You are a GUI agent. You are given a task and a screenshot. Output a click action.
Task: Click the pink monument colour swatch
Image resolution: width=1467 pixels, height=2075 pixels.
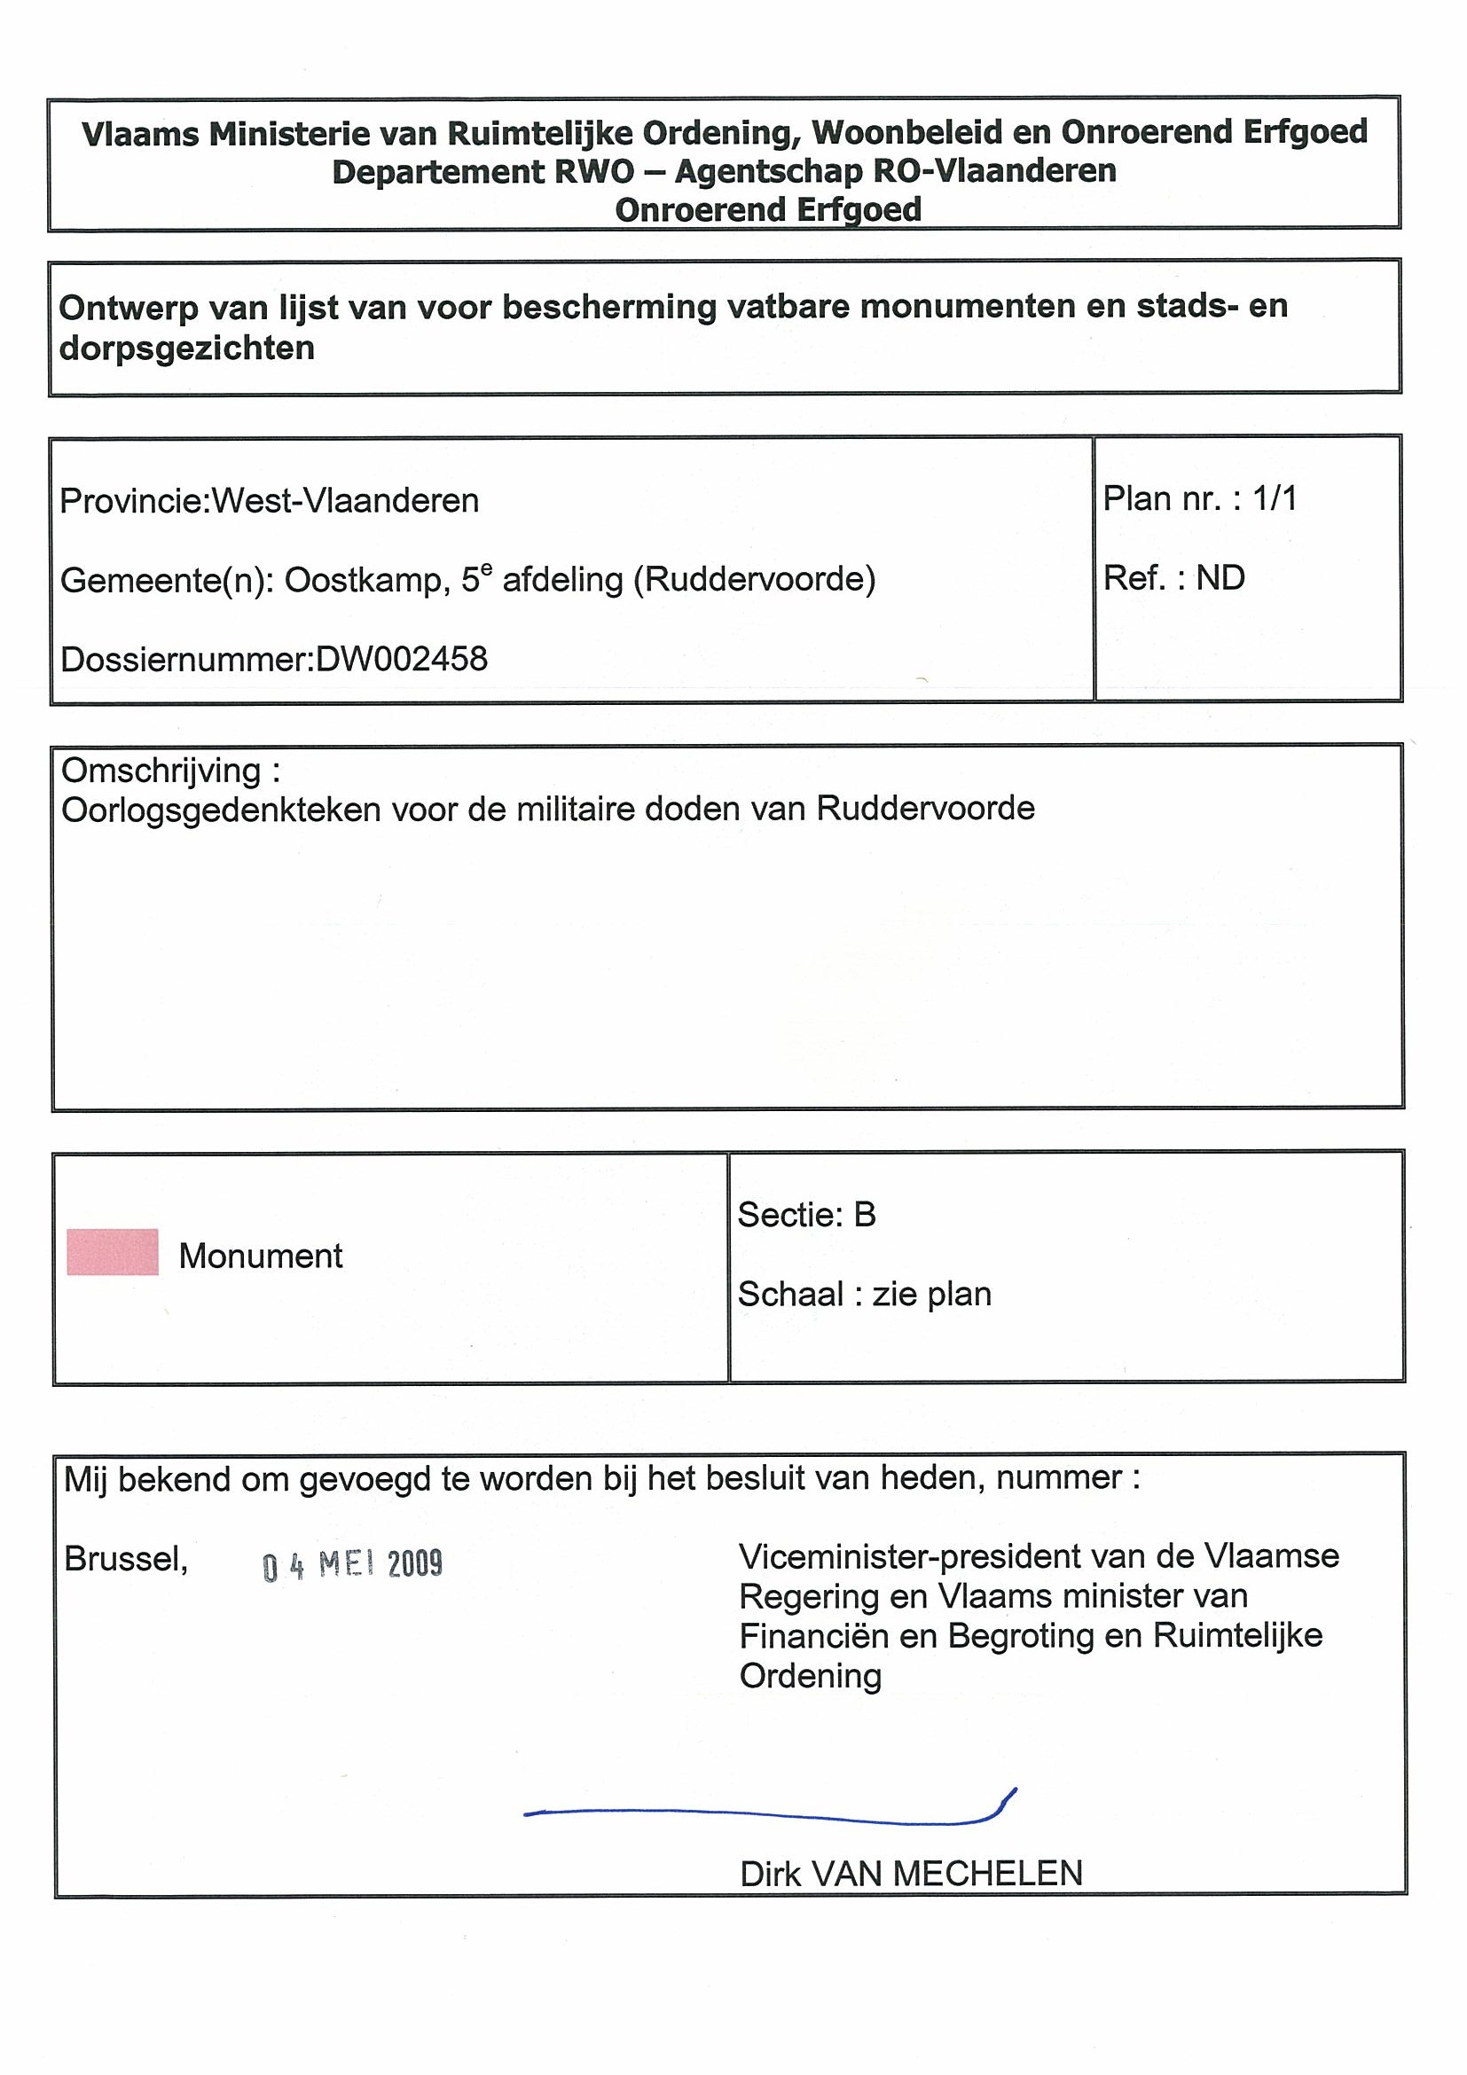pyautogui.click(x=112, y=1252)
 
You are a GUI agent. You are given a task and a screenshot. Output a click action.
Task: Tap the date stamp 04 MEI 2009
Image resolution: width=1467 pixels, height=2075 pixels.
pyautogui.click(x=352, y=1564)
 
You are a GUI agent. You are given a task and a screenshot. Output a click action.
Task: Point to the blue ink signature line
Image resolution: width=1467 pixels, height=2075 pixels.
pyautogui.click(x=768, y=1811)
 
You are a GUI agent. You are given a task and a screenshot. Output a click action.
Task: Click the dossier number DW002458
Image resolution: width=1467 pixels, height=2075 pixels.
pyautogui.click(x=401, y=659)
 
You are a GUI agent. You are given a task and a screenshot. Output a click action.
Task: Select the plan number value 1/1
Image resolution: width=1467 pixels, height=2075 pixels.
pyautogui.click(x=1275, y=498)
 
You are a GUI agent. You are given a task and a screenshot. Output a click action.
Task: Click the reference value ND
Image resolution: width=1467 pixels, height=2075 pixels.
pyautogui.click(x=1220, y=577)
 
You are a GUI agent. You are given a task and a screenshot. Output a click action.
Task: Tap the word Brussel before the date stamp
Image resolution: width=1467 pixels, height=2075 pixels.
pyautogui.click(x=126, y=1559)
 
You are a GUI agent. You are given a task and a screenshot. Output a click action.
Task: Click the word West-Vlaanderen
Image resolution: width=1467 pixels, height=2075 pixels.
pyautogui.click(x=344, y=501)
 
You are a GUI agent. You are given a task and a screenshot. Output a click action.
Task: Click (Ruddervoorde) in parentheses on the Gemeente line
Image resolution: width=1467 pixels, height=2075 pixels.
pyautogui.click(x=754, y=579)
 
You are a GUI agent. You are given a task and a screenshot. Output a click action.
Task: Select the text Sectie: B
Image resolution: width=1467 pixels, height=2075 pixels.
pyautogui.click(x=806, y=1215)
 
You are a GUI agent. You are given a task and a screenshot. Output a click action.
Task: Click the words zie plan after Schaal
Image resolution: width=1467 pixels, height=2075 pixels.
pyautogui.click(x=931, y=1294)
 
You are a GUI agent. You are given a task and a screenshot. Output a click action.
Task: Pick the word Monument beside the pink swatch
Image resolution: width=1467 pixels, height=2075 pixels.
pyautogui.click(x=261, y=1256)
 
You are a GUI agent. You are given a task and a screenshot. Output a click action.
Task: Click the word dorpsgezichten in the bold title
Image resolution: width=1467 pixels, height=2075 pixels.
pyautogui.click(x=187, y=348)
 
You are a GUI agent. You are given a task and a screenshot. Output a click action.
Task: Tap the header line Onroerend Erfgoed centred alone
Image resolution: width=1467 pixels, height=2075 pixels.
pyautogui.click(x=768, y=209)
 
